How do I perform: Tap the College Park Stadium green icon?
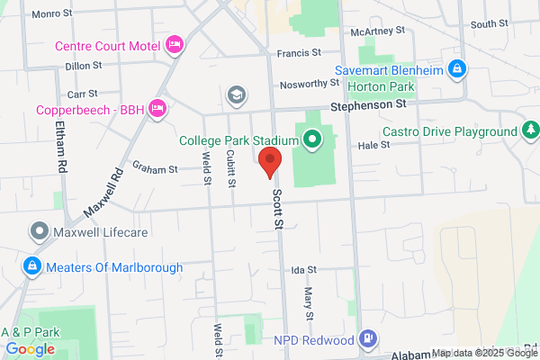coord(312,139)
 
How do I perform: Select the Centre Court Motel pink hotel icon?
coord(175,44)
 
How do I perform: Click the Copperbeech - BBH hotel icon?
coord(158,108)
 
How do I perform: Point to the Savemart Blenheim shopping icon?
coord(457,68)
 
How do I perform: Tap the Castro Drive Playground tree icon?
coord(530,131)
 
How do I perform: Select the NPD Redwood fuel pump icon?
coord(367,338)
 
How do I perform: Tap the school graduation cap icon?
coord(237,94)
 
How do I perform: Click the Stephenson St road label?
coord(369,104)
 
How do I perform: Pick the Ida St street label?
coord(304,269)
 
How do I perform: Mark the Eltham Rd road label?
coord(60,148)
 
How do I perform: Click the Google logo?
coord(30,349)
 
